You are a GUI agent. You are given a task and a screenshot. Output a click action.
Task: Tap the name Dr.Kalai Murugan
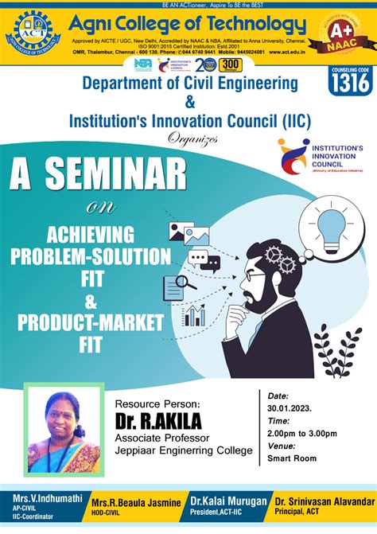point(227,501)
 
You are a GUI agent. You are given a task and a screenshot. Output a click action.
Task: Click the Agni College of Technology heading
point(188,23)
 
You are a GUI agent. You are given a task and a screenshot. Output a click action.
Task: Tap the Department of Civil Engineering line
point(189,83)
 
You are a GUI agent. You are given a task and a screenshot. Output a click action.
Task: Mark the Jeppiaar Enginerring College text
point(184,451)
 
